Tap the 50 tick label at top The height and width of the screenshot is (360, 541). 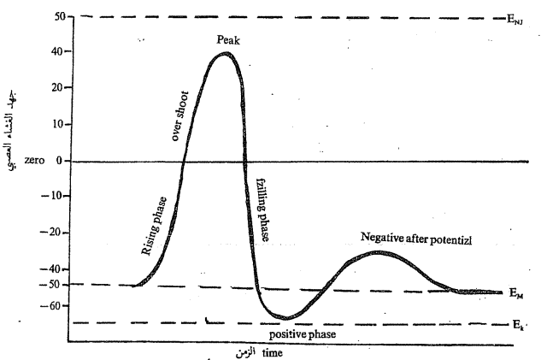tap(58, 16)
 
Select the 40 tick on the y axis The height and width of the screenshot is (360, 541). tap(58, 51)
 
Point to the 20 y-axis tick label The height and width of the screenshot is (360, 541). tap(58, 88)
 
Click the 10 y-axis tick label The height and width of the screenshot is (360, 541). tap(58, 124)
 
